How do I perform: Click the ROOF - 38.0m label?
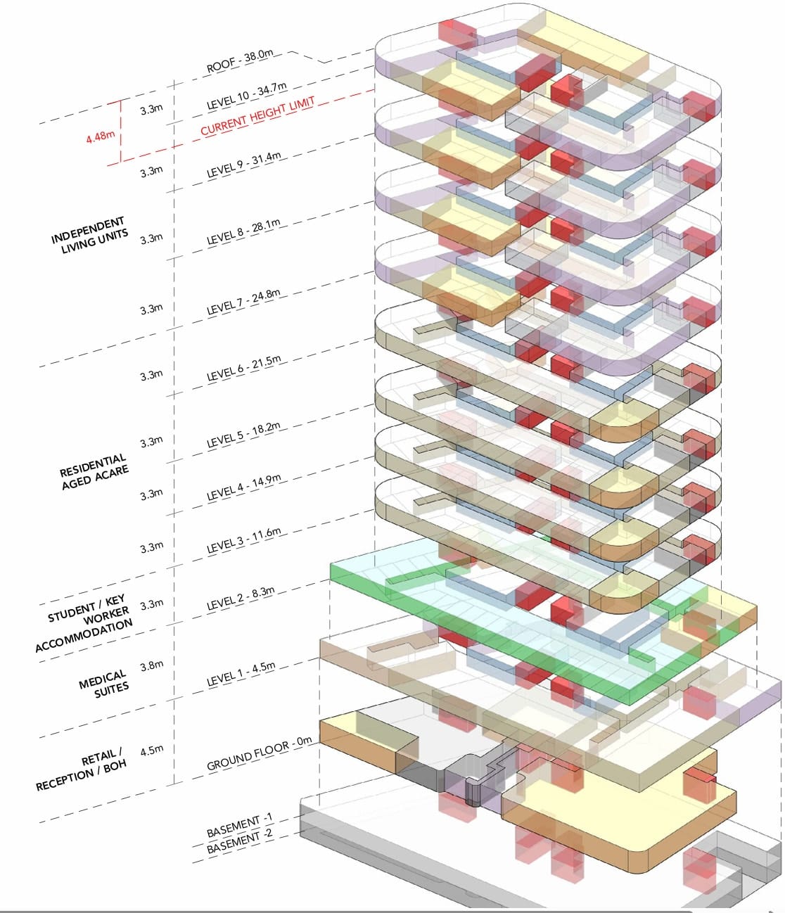[240, 61]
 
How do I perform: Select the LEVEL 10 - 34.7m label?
[246, 96]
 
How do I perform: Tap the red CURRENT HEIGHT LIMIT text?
[257, 116]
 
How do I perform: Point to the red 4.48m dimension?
[100, 136]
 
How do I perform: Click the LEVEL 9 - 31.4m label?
[244, 163]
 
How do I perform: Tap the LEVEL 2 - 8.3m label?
[241, 598]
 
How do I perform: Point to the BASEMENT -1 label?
[239, 825]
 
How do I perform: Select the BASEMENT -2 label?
[239, 841]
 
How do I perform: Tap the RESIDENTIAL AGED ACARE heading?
[94, 471]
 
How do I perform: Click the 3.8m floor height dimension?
[152, 665]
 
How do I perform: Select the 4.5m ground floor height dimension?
[152, 750]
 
